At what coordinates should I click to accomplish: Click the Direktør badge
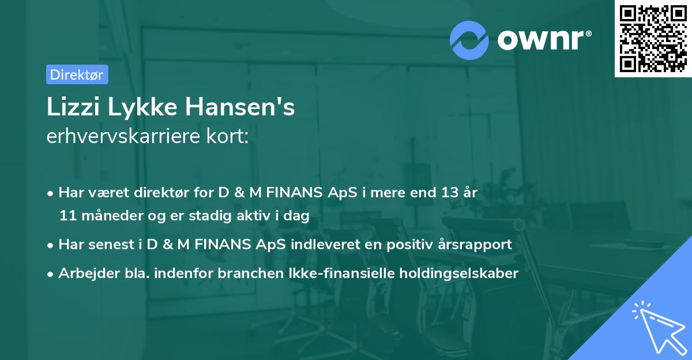[x=77, y=74]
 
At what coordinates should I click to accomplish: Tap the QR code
[x=653, y=39]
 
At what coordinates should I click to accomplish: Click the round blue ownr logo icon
[x=470, y=39]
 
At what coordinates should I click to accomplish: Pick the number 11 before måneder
[x=67, y=216]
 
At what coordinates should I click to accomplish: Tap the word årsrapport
[x=472, y=245]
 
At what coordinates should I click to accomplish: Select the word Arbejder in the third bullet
[x=84, y=273]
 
